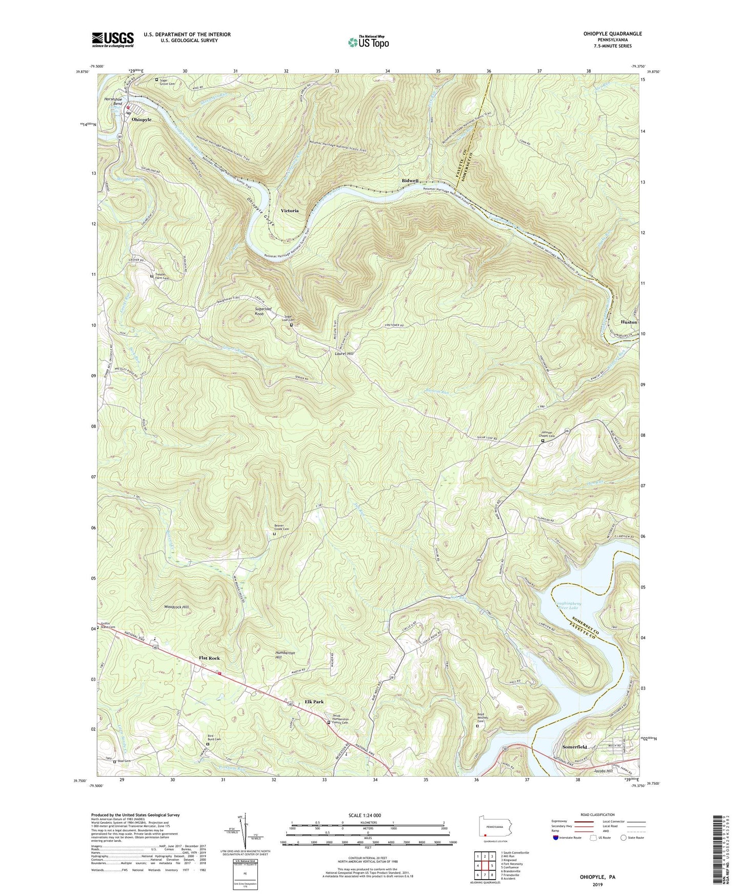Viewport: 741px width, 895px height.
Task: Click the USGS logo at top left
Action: [x=113, y=39]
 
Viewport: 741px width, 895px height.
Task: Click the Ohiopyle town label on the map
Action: [x=142, y=119]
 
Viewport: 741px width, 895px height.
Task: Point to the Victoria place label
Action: [x=289, y=211]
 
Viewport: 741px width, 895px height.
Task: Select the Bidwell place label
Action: [x=410, y=181]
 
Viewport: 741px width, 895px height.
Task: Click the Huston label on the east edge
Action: [x=629, y=322]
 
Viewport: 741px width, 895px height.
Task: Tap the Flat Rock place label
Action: [x=209, y=658]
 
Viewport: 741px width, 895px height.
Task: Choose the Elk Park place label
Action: [x=314, y=702]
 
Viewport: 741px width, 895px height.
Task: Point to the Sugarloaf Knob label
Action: [x=266, y=311]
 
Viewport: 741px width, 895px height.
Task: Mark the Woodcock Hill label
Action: [x=176, y=607]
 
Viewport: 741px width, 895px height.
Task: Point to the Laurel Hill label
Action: [x=345, y=354]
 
